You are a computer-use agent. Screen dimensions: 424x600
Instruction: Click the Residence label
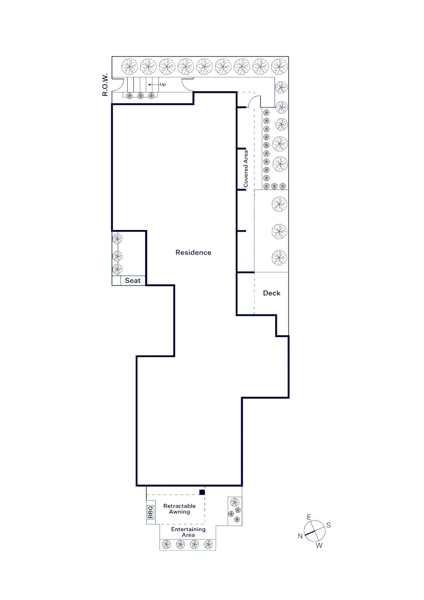tap(193, 253)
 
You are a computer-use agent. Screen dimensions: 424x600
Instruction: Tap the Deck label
tap(272, 293)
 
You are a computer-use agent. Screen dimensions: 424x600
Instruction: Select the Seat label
tap(133, 281)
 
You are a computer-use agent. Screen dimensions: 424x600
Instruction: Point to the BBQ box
tap(151, 512)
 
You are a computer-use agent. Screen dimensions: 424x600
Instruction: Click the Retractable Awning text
tap(179, 509)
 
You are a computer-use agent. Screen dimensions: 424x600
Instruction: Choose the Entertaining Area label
tap(188, 532)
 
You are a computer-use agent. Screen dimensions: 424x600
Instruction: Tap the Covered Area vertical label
tap(246, 169)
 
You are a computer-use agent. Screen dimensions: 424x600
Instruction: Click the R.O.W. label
tap(105, 84)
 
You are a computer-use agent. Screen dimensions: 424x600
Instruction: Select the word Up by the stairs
tap(163, 84)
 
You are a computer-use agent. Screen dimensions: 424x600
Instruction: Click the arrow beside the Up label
tap(153, 84)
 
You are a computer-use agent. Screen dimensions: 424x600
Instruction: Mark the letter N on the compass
tap(300, 536)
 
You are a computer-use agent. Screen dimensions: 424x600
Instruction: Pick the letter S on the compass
tap(328, 525)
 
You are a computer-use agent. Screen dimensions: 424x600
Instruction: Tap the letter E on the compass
tap(309, 517)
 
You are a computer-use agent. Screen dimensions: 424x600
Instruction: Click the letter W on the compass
tap(319, 546)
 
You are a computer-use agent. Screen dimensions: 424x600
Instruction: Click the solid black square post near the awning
tap(202, 492)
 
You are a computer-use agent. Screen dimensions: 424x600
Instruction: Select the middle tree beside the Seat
tap(117, 256)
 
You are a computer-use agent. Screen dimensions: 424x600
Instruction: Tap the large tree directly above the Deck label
tap(280, 258)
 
